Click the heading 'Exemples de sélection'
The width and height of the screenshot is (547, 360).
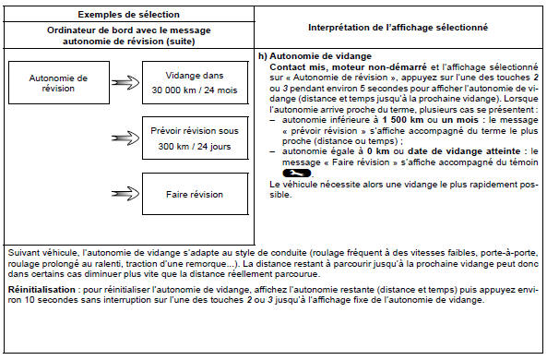[x=128, y=15]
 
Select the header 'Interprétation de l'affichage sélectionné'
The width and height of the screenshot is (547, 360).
[x=398, y=28]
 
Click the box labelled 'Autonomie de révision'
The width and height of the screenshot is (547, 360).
[x=59, y=83]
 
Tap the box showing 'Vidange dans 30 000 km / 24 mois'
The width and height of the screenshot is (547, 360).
[x=195, y=83]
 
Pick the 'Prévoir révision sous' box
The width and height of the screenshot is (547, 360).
[x=195, y=138]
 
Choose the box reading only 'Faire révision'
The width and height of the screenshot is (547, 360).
[x=195, y=194]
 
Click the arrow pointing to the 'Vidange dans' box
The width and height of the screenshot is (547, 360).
[x=125, y=83]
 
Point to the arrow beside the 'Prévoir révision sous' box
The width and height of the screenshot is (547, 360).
[x=125, y=138]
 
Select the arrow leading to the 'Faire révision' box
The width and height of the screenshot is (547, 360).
[x=125, y=194]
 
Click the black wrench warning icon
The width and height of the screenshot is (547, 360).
[x=296, y=174]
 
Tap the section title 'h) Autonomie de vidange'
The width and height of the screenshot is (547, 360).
[x=315, y=56]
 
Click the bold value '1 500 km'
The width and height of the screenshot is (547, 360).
[x=402, y=120]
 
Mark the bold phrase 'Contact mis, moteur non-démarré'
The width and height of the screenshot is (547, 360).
[x=348, y=67]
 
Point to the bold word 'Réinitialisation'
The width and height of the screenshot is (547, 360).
[x=42, y=290]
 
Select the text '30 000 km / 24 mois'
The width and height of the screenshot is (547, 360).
[x=195, y=90]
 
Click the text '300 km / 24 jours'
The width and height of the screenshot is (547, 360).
[x=195, y=146]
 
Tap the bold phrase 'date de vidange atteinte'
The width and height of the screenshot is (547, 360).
[x=464, y=151]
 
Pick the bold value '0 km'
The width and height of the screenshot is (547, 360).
[x=378, y=151]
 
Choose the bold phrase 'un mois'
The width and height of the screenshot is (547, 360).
[x=459, y=120]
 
